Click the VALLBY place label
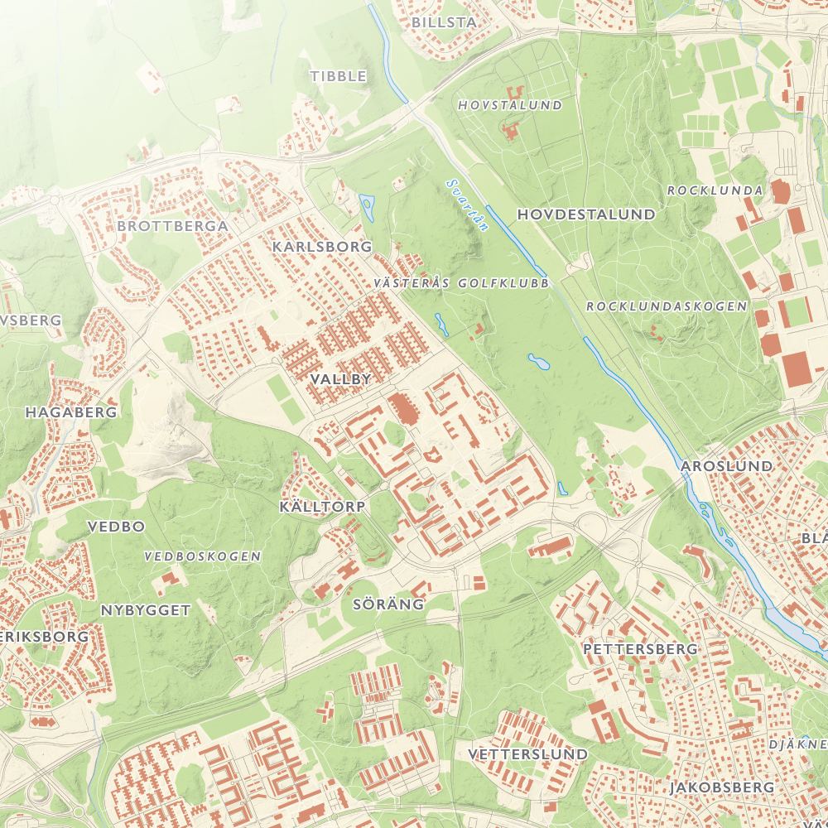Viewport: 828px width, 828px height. point(339,378)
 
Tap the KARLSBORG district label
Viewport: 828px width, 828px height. point(322,247)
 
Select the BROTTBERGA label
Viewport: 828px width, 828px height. point(172,225)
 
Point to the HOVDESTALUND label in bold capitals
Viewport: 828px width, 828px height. point(586,214)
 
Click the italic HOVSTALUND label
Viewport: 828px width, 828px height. point(510,105)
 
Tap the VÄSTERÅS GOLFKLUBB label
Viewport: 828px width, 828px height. point(461,283)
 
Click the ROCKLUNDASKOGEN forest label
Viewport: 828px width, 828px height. point(667,306)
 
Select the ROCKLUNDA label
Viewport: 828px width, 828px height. point(715,190)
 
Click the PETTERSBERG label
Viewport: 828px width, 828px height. point(640,649)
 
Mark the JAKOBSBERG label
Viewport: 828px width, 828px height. point(722,787)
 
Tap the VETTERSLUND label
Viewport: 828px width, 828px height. point(527,754)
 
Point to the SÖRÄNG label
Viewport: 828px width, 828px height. point(388,604)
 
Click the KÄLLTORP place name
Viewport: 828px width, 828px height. point(322,505)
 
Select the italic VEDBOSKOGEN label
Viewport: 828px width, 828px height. point(202,556)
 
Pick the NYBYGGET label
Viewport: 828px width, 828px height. point(146,610)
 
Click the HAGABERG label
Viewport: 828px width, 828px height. point(71,412)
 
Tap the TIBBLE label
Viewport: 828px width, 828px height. point(338,76)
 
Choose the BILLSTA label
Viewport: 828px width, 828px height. point(444,22)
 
